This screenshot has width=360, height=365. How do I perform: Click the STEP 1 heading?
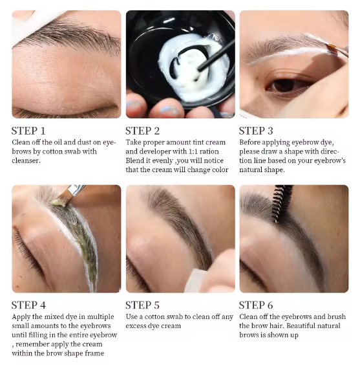(28, 131)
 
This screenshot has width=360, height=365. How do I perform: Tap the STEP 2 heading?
(142, 131)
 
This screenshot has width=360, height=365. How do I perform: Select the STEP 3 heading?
(256, 131)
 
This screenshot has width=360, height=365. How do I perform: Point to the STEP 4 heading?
(28, 305)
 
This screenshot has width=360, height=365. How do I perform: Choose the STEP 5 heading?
(142, 305)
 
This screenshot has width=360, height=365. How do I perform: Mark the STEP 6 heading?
(256, 305)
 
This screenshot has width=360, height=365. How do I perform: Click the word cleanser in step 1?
(26, 160)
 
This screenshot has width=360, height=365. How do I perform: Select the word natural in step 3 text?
(250, 170)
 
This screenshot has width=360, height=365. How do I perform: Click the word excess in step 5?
(136, 326)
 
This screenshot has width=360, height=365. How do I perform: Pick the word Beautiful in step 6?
(302, 326)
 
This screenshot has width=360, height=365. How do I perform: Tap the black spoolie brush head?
(281, 203)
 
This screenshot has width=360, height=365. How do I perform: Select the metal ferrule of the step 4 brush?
(75, 190)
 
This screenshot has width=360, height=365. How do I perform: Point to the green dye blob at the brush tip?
(59, 202)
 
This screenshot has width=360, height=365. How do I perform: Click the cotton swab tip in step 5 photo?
(195, 280)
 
